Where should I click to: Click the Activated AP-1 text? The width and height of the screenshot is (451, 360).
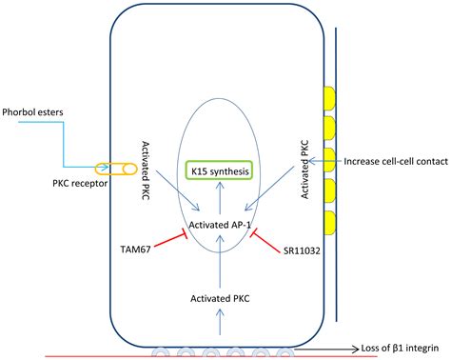coord(221,225)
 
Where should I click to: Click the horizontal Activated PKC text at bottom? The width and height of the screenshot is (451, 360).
coord(222,297)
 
